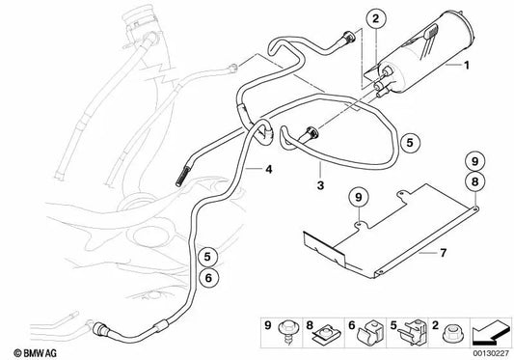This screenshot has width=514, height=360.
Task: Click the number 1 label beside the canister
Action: coord(467,65)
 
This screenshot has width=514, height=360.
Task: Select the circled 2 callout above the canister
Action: coord(376,18)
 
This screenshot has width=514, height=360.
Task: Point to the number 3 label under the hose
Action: coord(320,185)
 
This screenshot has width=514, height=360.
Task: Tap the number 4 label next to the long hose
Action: coord(269,169)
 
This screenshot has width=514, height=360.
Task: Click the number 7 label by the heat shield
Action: coord(444,253)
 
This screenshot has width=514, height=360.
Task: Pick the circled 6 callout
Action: coord(208,278)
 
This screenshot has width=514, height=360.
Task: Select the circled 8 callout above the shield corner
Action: coord(475,181)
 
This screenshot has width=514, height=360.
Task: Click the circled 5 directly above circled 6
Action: coord(207,257)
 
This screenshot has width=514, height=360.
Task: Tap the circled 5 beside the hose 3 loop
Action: coord(410,143)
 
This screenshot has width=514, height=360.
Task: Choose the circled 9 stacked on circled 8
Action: coord(475,161)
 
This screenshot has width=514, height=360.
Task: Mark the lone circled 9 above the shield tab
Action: coord(359,198)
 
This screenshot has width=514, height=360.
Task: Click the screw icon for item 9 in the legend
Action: coord(285,331)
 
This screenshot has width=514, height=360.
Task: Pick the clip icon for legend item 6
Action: coord(369,332)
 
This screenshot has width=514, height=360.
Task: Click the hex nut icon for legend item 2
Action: coord(450,333)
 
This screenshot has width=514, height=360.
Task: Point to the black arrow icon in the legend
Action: coord(491,332)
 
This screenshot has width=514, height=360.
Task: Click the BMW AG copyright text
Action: coord(36,353)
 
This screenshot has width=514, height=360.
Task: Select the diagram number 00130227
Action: coord(491,353)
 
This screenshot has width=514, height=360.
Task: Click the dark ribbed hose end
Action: coord(183,177)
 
